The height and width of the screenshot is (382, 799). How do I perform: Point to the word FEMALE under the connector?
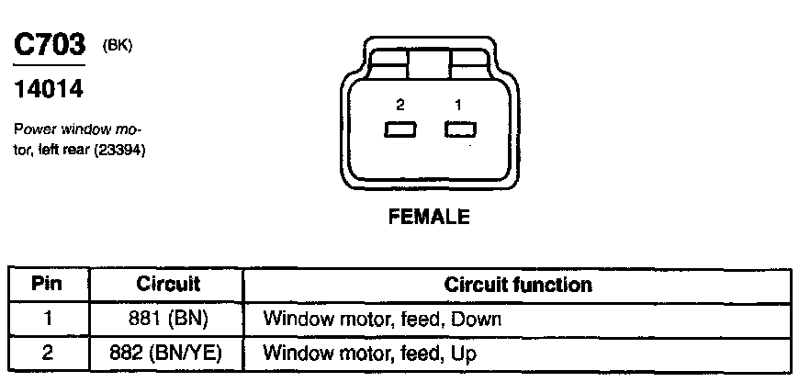[430, 218]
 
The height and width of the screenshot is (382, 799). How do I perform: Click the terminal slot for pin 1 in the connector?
[458, 129]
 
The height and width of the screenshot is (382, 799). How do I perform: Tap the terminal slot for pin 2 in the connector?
[401, 129]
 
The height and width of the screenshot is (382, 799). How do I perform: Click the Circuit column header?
[168, 285]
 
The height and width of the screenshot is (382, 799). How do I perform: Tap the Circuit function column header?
[518, 285]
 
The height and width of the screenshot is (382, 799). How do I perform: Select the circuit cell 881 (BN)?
[168, 319]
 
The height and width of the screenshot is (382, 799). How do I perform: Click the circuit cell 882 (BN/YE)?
[168, 352]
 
